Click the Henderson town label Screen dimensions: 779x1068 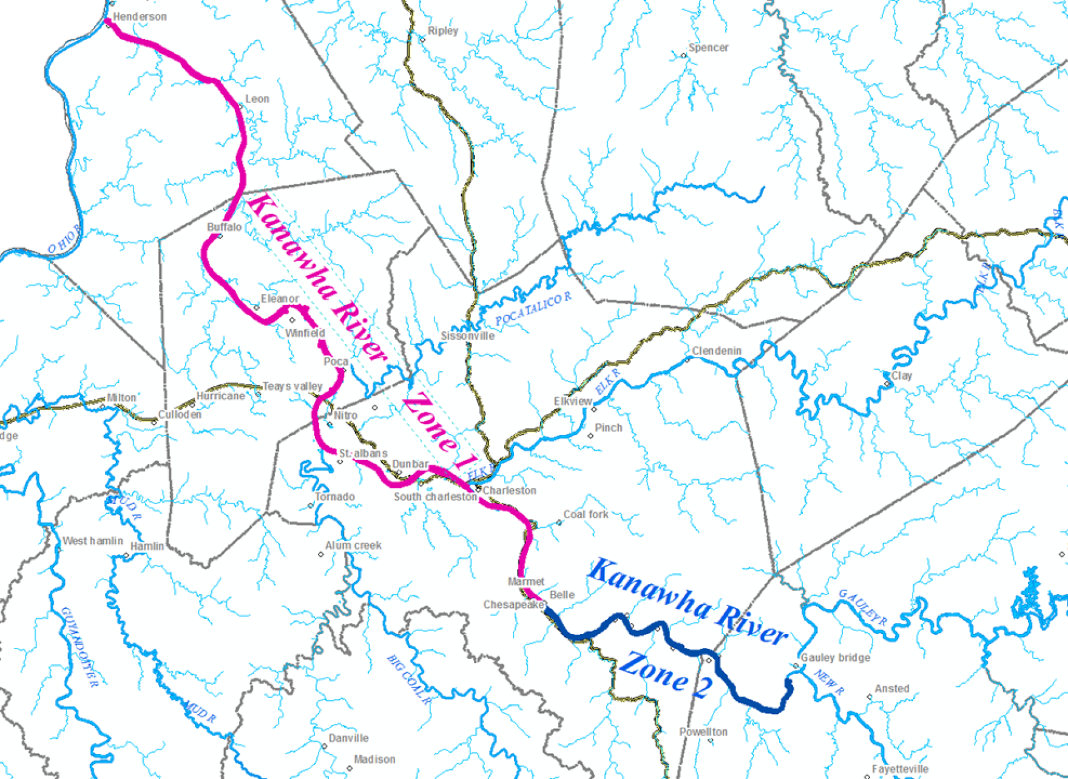point(140,17)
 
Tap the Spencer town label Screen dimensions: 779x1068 point(708,47)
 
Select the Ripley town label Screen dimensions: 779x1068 point(442,31)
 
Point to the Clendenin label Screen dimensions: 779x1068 point(717,351)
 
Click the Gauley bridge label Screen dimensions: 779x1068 point(835,658)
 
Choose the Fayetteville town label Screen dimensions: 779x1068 point(900,769)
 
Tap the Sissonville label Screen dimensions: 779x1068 point(467,336)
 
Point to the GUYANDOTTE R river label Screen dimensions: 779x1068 point(79,647)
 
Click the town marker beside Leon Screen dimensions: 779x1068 point(240,106)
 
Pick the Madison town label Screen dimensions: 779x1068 point(374,759)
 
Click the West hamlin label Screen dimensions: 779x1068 point(92,541)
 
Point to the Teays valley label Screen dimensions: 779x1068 point(292,386)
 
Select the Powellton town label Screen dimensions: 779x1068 point(703,732)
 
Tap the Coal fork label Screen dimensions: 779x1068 point(585,514)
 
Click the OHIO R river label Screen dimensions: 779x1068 point(64,239)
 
